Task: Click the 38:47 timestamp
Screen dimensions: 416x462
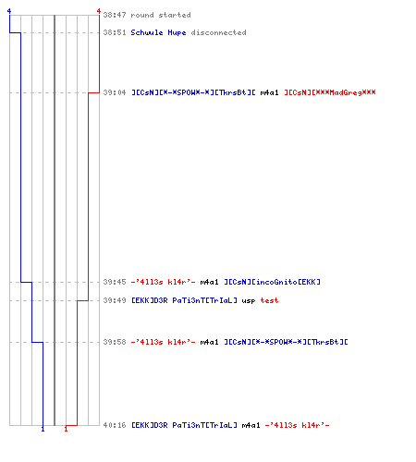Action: pos(115,15)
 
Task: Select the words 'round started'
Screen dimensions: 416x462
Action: pos(161,15)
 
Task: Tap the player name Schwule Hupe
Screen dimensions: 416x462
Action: pos(158,32)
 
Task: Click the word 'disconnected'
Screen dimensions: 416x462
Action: pos(218,32)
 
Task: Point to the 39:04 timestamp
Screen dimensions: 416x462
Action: pos(115,92)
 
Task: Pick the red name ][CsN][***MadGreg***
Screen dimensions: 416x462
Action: pos(330,92)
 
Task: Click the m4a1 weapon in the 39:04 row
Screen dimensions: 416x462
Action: pos(269,92)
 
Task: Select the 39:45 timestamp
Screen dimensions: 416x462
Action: pos(115,282)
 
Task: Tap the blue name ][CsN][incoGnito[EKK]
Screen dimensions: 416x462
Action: pos(273,282)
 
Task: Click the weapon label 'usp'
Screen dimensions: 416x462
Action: pos(249,300)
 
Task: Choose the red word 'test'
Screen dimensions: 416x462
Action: pos(269,300)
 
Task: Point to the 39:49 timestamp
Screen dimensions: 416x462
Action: pos(115,300)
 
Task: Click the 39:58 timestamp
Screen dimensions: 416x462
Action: pos(115,342)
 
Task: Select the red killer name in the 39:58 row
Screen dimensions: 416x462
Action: pos(164,342)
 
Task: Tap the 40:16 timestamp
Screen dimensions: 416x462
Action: pos(115,425)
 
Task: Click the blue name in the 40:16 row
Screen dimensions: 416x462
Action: pos(184,425)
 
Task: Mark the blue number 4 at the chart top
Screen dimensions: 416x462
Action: pos(9,11)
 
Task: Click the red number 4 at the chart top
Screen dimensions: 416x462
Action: pos(99,11)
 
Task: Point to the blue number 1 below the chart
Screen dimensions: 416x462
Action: pos(43,429)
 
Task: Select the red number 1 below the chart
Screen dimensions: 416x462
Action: pos(66,429)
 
